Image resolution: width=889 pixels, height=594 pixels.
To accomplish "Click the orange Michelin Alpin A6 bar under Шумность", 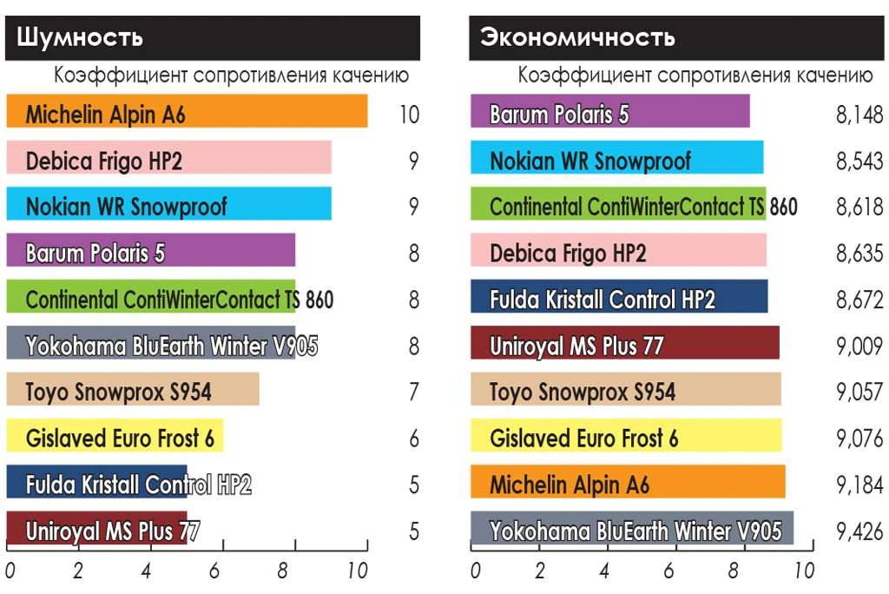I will [x=186, y=113].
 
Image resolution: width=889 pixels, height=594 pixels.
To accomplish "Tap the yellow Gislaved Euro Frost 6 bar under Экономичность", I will [x=625, y=437].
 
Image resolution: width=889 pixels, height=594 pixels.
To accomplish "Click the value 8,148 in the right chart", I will [x=859, y=115].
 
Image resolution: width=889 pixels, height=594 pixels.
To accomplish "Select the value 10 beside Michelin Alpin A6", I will [x=410, y=115].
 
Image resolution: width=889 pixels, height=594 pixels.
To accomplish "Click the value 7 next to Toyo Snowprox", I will [x=414, y=393].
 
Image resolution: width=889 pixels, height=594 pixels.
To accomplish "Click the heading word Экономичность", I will [x=577, y=37].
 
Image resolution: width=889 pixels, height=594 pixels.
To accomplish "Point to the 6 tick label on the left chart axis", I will [x=214, y=571].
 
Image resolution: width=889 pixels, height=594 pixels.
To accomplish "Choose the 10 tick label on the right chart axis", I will [x=804, y=571].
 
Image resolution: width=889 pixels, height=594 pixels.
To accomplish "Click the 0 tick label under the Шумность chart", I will [x=10, y=571].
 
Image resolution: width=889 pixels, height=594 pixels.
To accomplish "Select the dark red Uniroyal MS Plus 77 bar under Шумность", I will [x=95, y=529].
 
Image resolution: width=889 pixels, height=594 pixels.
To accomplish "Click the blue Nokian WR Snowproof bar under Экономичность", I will [x=616, y=160].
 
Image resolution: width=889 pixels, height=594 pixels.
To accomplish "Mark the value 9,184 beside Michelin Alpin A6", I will [x=859, y=485].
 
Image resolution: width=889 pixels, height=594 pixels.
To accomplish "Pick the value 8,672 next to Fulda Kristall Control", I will [x=859, y=300].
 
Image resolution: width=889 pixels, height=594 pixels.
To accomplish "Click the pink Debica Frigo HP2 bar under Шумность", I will [x=168, y=160].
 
